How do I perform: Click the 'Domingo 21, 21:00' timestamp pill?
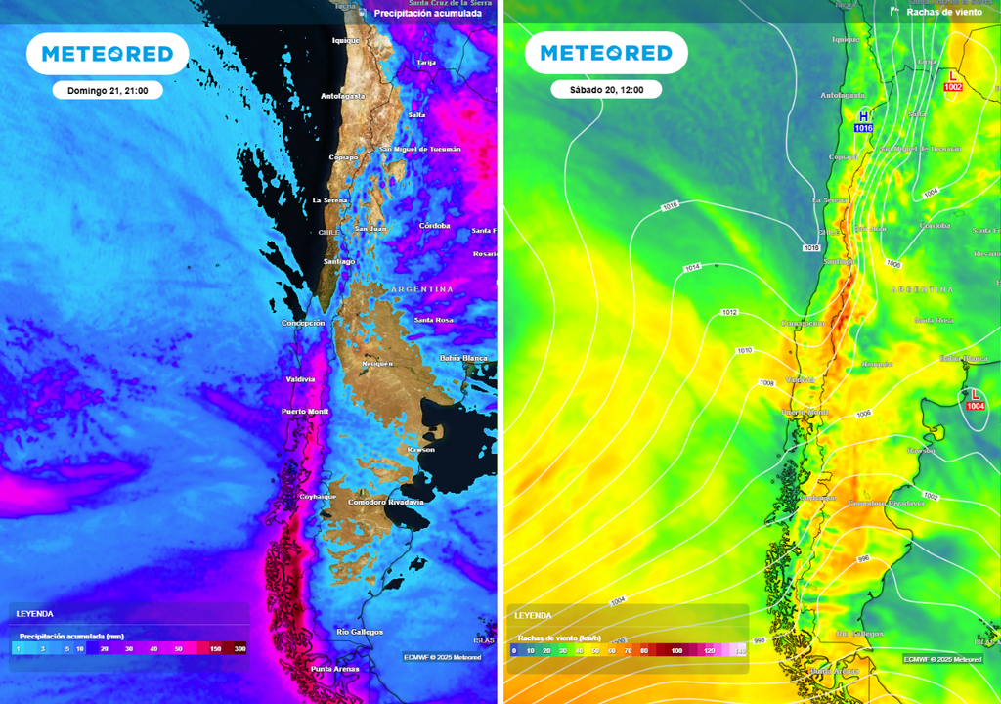coord(108,90)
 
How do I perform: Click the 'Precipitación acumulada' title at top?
coord(427,14)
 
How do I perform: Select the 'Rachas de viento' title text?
coord(943,12)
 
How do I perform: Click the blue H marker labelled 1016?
coord(863,121)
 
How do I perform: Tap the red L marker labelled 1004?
coord(975,399)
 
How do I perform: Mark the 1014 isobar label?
coord(693,267)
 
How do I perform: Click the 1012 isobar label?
coord(729,313)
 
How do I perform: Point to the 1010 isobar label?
coord(745,350)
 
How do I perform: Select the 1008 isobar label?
coord(767,383)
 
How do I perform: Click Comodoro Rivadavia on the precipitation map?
coord(386,502)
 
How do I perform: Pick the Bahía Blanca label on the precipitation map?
coord(463,358)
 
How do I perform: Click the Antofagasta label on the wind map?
coord(843,96)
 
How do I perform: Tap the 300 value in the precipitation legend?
coord(239,648)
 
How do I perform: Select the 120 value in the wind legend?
coord(710,650)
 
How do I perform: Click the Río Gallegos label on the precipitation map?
coord(359,632)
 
